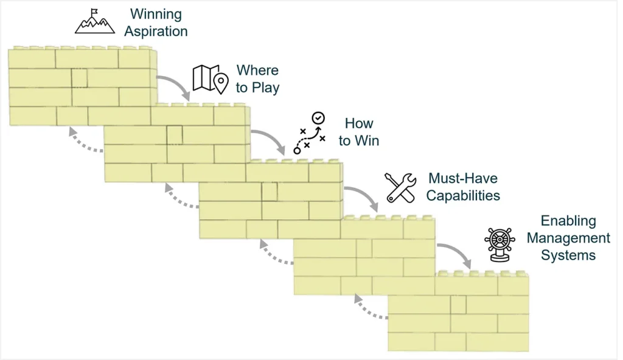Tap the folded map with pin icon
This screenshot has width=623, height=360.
pos(211,79)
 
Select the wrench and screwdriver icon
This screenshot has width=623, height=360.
pos(401,187)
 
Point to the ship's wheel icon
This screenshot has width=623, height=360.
pos(500,245)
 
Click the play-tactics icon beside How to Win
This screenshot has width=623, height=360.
pos(310,133)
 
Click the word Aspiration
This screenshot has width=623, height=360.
pos(156,32)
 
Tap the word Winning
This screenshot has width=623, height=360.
pos(156,14)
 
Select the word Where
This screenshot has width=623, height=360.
pos(257,71)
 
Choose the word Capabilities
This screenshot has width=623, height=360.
pos(463,195)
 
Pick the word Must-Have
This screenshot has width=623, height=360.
pos(463,178)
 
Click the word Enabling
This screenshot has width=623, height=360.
pos(568,221)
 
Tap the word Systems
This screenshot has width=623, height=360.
pos(568,255)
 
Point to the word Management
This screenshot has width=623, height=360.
pos(568,238)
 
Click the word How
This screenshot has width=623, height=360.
pos(359,123)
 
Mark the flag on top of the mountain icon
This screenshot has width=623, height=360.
pos(94,12)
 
